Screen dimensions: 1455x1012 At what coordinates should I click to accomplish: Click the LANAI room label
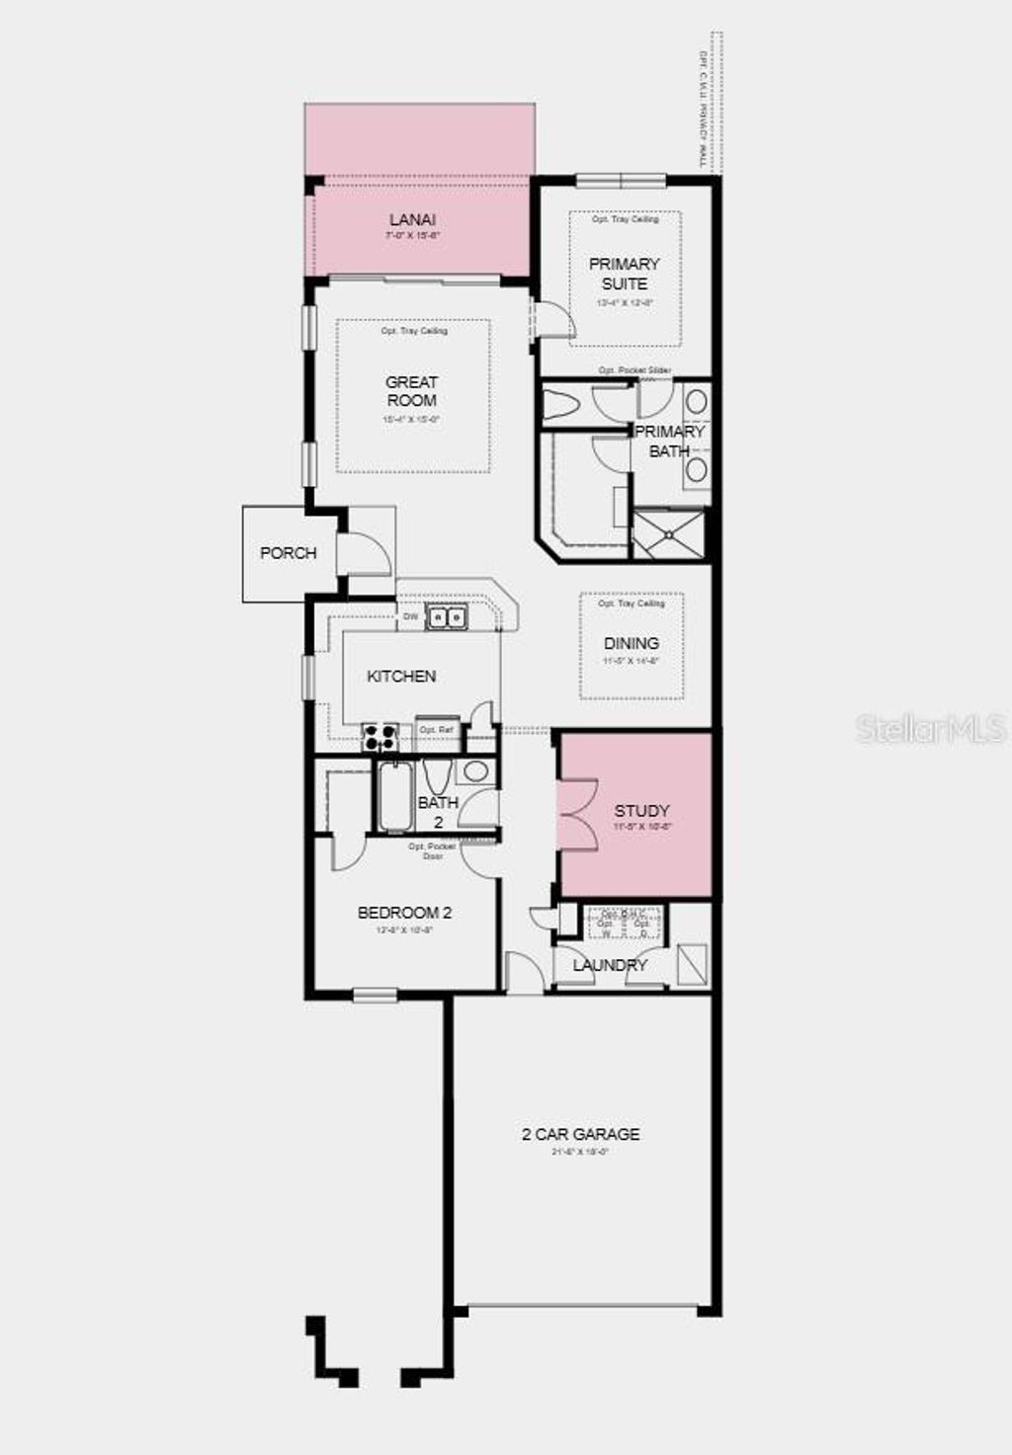click(x=412, y=220)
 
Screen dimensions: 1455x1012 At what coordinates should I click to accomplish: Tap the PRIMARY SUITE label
click(x=625, y=274)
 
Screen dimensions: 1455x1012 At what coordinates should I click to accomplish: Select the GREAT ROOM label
click(x=412, y=391)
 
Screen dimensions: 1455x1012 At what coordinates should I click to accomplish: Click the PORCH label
click(x=289, y=553)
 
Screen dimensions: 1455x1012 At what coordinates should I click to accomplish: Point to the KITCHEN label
click(x=401, y=677)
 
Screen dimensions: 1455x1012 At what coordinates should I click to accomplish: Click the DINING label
click(x=632, y=643)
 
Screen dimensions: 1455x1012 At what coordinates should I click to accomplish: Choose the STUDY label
click(x=642, y=811)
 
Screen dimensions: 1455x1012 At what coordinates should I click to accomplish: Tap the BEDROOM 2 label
click(x=404, y=913)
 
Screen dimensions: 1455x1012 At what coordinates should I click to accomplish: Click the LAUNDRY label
click(x=610, y=965)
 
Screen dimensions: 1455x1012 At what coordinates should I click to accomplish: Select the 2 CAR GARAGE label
click(x=580, y=1134)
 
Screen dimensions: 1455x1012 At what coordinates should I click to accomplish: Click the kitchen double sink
click(x=447, y=617)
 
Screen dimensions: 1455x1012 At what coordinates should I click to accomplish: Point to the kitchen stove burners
click(x=380, y=736)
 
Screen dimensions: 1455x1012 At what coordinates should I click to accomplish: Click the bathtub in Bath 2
click(x=394, y=796)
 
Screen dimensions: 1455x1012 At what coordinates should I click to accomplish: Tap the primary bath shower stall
click(x=669, y=534)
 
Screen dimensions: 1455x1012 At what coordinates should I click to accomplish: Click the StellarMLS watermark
click(x=930, y=729)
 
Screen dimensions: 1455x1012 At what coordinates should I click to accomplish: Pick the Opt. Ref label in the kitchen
click(x=437, y=731)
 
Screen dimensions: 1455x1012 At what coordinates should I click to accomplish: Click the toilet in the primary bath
click(x=566, y=405)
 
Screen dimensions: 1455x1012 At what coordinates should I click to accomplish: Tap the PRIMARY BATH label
click(x=669, y=441)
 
